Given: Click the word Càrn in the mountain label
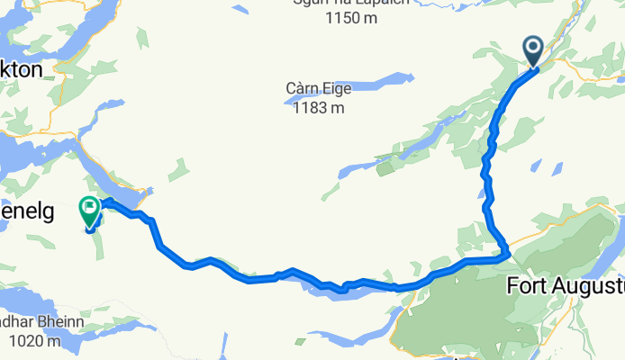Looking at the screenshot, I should (306, 90).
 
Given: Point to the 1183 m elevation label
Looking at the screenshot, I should (319, 108).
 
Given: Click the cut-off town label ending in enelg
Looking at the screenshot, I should (27, 212).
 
